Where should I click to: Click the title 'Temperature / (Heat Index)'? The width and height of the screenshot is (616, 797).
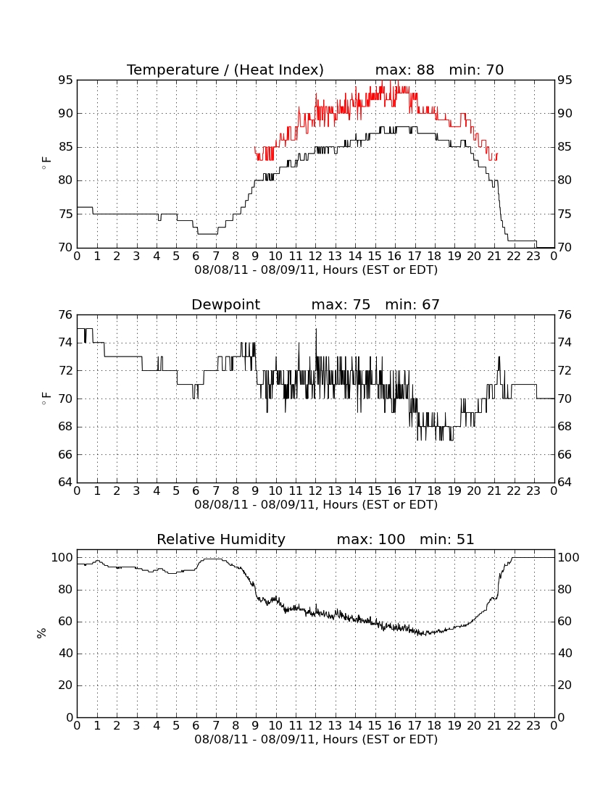click(225, 70)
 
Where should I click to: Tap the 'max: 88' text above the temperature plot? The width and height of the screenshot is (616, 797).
click(404, 70)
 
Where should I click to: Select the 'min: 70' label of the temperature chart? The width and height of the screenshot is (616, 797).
click(476, 70)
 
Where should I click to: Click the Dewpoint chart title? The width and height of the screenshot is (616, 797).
click(225, 305)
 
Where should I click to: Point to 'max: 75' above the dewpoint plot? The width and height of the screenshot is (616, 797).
click(341, 304)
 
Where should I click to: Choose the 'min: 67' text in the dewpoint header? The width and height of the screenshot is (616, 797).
click(412, 304)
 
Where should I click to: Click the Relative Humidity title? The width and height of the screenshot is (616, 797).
click(221, 540)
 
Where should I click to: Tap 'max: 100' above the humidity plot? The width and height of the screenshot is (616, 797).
click(371, 539)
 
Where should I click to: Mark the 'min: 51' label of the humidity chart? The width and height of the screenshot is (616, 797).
click(446, 539)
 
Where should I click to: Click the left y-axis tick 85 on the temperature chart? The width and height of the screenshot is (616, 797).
click(65, 147)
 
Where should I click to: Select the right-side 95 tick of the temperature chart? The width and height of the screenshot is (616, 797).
click(565, 80)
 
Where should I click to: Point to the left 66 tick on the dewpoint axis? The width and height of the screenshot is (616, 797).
click(65, 454)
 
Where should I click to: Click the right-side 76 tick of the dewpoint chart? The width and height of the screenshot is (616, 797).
click(565, 315)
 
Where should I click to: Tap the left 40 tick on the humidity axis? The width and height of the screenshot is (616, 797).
click(65, 653)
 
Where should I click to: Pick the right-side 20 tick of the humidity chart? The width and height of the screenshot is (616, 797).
click(565, 685)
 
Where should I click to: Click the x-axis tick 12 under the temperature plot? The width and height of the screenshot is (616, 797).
click(316, 256)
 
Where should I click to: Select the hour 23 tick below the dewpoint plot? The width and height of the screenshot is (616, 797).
click(533, 491)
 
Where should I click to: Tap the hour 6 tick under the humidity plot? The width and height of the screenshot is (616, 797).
click(196, 726)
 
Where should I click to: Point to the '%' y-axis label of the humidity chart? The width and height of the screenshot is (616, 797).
click(42, 633)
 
